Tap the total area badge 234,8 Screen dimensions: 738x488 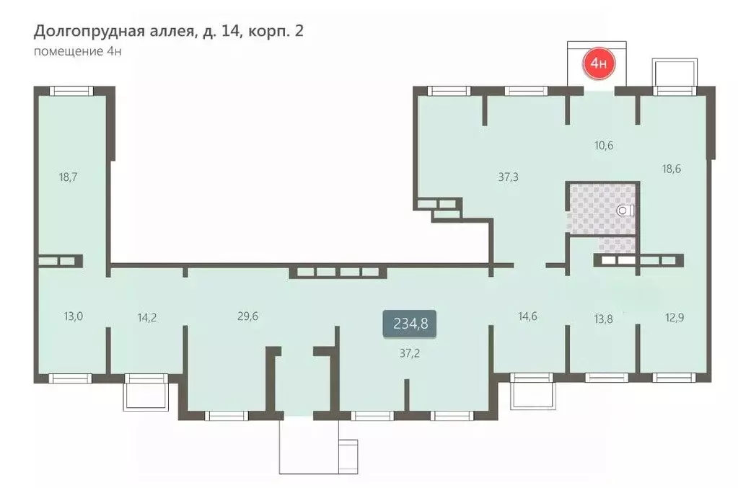pyautogui.click(x=410, y=324)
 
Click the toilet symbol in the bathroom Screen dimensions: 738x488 pyautogui.click(x=625, y=210)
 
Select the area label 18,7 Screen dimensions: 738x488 pyautogui.click(x=69, y=177)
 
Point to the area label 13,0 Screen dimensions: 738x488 pyautogui.click(x=73, y=316)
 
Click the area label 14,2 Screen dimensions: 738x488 pyautogui.click(x=147, y=318)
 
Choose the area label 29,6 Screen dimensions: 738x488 pyautogui.click(x=247, y=316)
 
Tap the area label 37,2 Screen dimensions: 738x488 pyautogui.click(x=410, y=353)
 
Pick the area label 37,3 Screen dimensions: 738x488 pyautogui.click(x=509, y=177)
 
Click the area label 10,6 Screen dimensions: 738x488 pyautogui.click(x=604, y=146)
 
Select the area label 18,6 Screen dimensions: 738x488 pyautogui.click(x=671, y=169)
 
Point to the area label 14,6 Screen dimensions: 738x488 pyautogui.click(x=527, y=316)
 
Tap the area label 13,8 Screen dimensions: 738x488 pyautogui.click(x=603, y=319)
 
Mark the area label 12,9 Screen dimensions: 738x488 pyautogui.click(x=675, y=318)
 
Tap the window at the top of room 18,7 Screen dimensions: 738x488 pyautogui.click(x=71, y=91)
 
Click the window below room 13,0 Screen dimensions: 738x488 pyautogui.click(x=70, y=378)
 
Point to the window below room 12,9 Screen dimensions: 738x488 pyautogui.click(x=674, y=377)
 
